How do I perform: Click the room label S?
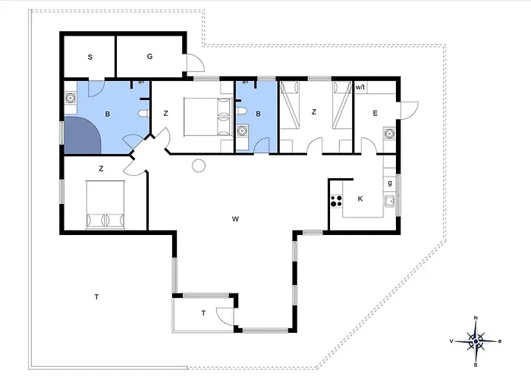pyautogui.click(x=90, y=57)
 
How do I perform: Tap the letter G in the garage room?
pyautogui.click(x=149, y=57)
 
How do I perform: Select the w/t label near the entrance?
pyautogui.click(x=360, y=87)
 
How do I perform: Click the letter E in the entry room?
pyautogui.click(x=375, y=113)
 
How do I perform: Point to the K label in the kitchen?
pyautogui.click(x=360, y=199)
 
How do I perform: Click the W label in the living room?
pyautogui.click(x=235, y=219)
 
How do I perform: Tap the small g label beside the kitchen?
pyautogui.click(x=390, y=183)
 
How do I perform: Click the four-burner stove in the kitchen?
pyautogui.click(x=336, y=201)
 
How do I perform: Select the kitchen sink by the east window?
pyautogui.click(x=390, y=201)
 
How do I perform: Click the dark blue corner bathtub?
pyautogui.click(x=81, y=136)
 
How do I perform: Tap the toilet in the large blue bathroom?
pyautogui.click(x=144, y=114)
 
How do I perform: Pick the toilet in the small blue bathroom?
pyautogui.click(x=240, y=111)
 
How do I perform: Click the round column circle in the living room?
pyautogui.click(x=199, y=165)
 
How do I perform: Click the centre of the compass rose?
pyautogui.click(x=476, y=341)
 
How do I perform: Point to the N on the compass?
pyautogui.click(x=476, y=318)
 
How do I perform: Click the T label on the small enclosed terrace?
pyautogui.click(x=203, y=313)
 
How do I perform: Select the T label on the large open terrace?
pyautogui.click(x=96, y=297)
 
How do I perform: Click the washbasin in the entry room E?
pyautogui.click(x=389, y=133)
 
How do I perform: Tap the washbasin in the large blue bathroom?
pyautogui.click(x=71, y=98)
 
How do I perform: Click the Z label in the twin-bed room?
pyautogui.click(x=314, y=111)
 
